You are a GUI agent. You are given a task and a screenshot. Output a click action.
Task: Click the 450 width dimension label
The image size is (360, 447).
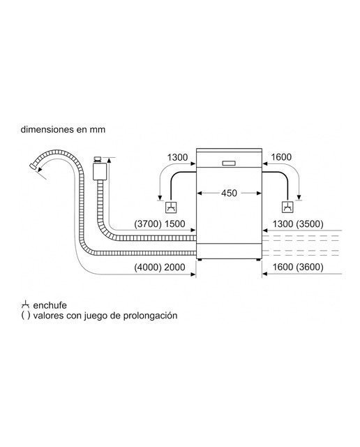click(229, 193)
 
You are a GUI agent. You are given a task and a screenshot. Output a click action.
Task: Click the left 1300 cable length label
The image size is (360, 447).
click(177, 157)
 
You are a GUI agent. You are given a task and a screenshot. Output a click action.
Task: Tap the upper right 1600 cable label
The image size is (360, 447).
click(281, 157)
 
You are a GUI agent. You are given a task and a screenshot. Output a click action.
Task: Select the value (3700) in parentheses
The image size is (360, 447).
click(148, 224)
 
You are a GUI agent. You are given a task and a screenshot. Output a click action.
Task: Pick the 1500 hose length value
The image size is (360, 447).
click(175, 224)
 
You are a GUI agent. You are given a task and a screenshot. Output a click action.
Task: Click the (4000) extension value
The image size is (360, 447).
click(148, 268)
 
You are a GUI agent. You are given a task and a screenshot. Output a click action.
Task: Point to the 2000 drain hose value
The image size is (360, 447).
click(174, 268)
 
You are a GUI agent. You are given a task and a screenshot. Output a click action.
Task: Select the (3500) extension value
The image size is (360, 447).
click(310, 224)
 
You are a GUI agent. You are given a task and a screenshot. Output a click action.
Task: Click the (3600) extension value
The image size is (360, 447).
click(310, 267)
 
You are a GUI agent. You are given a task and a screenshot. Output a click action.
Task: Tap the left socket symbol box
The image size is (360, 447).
click(171, 207)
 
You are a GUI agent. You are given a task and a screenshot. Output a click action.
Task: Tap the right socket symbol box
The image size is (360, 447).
click(287, 207)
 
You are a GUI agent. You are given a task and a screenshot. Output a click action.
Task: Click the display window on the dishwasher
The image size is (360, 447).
click(229, 163)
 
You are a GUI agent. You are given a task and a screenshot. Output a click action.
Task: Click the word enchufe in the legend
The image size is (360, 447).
click(50, 305)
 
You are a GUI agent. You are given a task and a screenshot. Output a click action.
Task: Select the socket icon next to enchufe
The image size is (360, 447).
click(25, 305)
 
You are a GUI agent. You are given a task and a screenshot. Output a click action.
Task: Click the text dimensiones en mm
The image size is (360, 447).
click(63, 129)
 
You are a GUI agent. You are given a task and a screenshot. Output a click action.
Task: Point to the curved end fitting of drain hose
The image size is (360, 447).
click(33, 166)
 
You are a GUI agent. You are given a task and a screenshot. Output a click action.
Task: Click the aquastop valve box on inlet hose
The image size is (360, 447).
click(100, 171)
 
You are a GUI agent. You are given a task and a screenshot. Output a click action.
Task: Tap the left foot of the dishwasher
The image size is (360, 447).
click(200, 260)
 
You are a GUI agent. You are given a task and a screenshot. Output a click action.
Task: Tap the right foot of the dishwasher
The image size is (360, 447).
click(258, 260)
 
